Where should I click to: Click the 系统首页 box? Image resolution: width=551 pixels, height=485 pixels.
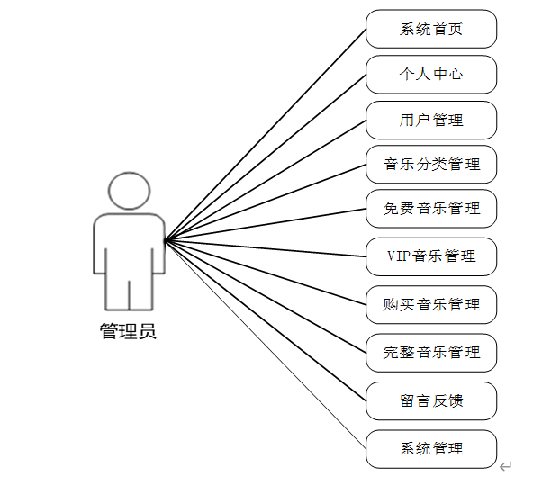pyautogui.click(x=431, y=29)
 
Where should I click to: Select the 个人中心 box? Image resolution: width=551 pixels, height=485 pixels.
pyautogui.click(x=431, y=74)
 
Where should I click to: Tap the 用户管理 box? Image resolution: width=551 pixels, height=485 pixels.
pyautogui.click(x=431, y=120)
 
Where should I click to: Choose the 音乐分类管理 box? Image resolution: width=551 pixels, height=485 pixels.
pyautogui.click(x=431, y=165)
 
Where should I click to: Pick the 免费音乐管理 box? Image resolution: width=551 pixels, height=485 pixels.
pyautogui.click(x=431, y=209)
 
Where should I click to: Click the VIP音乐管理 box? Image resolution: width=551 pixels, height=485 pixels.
pyautogui.click(x=431, y=256)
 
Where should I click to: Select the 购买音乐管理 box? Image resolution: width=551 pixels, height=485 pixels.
pyautogui.click(x=431, y=304)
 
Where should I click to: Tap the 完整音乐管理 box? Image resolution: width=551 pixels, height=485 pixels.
pyautogui.click(x=431, y=352)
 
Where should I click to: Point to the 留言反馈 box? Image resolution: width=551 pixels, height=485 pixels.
pyautogui.click(x=431, y=400)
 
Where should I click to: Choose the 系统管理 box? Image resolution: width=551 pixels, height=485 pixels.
pyautogui.click(x=431, y=448)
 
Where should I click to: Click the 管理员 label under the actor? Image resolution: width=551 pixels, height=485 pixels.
pyautogui.click(x=128, y=331)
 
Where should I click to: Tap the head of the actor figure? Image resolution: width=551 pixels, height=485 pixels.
pyautogui.click(x=129, y=191)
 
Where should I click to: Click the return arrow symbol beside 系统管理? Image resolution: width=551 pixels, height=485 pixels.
pyautogui.click(x=506, y=465)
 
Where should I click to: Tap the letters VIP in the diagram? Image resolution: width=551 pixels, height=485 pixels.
pyautogui.click(x=399, y=256)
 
